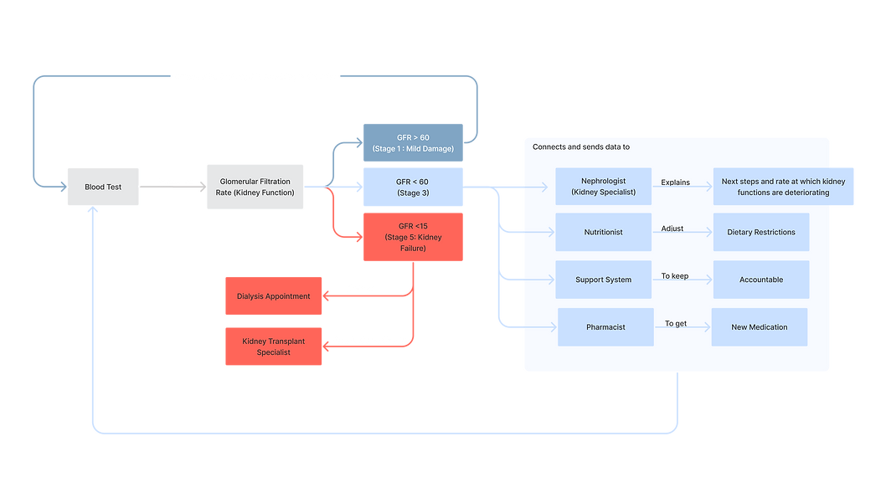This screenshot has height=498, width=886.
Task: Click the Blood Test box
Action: point(103,187)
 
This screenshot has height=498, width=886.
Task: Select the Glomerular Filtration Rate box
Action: point(255,187)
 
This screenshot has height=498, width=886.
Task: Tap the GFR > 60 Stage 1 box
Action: point(413,143)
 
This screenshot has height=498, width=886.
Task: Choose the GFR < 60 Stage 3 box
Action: point(413,187)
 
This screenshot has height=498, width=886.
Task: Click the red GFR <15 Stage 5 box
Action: point(413,237)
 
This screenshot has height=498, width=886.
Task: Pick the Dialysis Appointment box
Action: point(274,295)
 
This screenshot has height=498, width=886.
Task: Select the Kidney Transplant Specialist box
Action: point(274,347)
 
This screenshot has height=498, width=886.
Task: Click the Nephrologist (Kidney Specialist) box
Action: point(604,187)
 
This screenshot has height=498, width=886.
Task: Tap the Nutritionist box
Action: point(604,232)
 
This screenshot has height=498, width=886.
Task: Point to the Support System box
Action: point(604,280)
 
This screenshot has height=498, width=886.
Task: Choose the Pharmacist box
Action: point(605,327)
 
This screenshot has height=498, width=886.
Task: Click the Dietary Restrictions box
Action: point(761,232)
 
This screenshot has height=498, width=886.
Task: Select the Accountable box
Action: point(761,280)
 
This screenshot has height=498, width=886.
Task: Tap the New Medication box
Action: point(760,327)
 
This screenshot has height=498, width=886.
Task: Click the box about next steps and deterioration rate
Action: point(783,187)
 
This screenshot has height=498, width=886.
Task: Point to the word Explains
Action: point(675,182)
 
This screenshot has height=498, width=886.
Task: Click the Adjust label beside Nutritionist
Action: point(672,228)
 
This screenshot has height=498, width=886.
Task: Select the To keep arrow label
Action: point(675,276)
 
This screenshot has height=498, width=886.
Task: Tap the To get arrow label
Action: point(676,324)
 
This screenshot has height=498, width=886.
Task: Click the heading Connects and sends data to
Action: point(581,146)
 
